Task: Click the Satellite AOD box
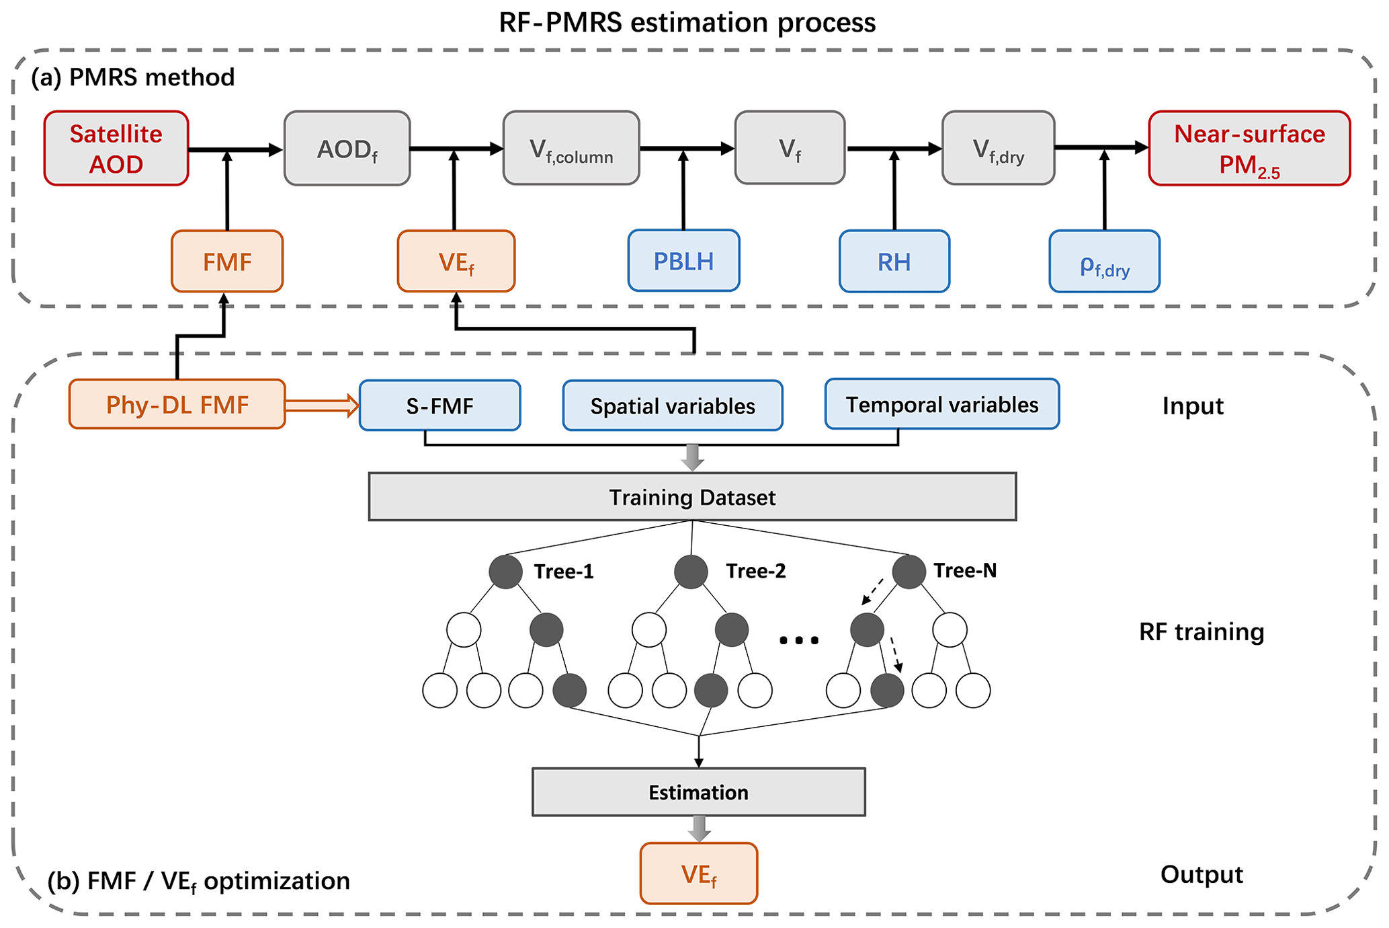click(x=116, y=149)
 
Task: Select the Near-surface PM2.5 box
click(x=1249, y=149)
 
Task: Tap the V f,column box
click(x=571, y=149)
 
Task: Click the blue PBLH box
click(x=683, y=261)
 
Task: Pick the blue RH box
click(x=894, y=262)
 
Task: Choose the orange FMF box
click(x=227, y=262)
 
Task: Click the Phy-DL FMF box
click(x=177, y=404)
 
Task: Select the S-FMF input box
click(x=439, y=405)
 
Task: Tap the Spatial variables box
click(x=672, y=405)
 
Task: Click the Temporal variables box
click(x=941, y=404)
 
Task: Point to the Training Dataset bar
click(x=692, y=497)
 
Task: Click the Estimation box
click(x=698, y=792)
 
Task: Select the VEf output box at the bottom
click(x=698, y=874)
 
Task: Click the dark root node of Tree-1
click(x=505, y=572)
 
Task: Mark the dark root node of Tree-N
click(x=909, y=572)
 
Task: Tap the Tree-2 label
click(x=755, y=571)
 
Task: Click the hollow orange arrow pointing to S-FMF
click(x=322, y=405)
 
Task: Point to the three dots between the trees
click(x=799, y=640)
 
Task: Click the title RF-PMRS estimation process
click(x=687, y=22)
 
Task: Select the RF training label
click(x=1201, y=632)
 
